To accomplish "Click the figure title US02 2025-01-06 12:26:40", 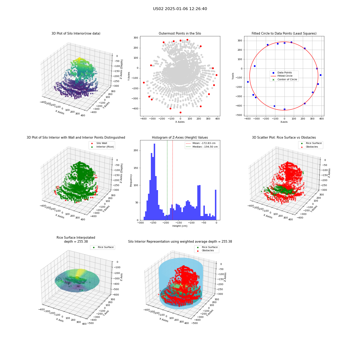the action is tap(180, 9).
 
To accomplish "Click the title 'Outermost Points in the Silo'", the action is tap(180, 33).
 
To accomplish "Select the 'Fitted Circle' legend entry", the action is tap(285, 76).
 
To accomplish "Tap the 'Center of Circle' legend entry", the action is tap(284, 80).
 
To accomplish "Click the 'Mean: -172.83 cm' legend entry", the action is tap(202, 143).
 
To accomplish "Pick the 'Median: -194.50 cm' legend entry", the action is tap(202, 147).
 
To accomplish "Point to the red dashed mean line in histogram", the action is tap(173, 180).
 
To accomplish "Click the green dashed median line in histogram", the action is tap(167, 180).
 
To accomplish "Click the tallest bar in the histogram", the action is tap(154, 182).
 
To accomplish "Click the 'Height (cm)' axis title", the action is tap(180, 226).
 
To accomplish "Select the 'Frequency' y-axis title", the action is tap(131, 180).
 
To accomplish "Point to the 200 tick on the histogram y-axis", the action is tap(136, 150).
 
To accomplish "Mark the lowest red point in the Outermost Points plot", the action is tap(180, 112).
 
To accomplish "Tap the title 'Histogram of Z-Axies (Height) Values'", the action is tap(180, 138).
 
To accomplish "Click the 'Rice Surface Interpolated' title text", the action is tap(76, 238).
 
